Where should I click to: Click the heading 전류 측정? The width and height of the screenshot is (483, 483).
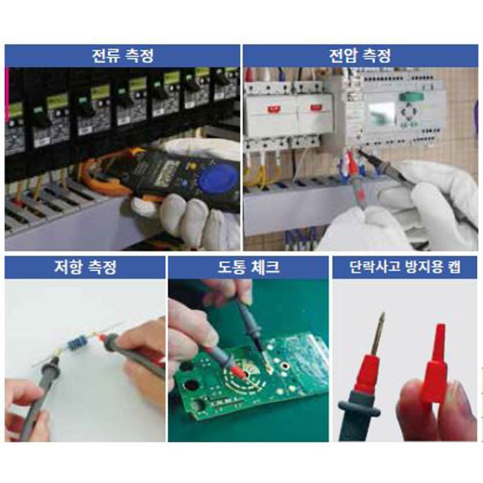coord(123,56)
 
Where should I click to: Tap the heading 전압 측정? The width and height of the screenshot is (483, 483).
coord(360,56)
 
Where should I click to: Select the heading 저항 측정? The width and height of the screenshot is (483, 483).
coord(86,267)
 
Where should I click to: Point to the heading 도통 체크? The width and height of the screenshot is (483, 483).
coord(248,267)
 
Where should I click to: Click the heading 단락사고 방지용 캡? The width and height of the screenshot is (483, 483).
coord(405,267)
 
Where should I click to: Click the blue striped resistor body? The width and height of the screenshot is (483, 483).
coord(76,342)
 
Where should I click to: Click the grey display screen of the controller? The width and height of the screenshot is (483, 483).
coord(382,112)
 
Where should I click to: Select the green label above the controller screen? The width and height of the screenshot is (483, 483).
coord(411,97)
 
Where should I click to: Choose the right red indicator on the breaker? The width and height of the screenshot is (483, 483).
coord(315,108)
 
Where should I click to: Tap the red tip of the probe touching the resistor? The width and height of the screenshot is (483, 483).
coord(101,338)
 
